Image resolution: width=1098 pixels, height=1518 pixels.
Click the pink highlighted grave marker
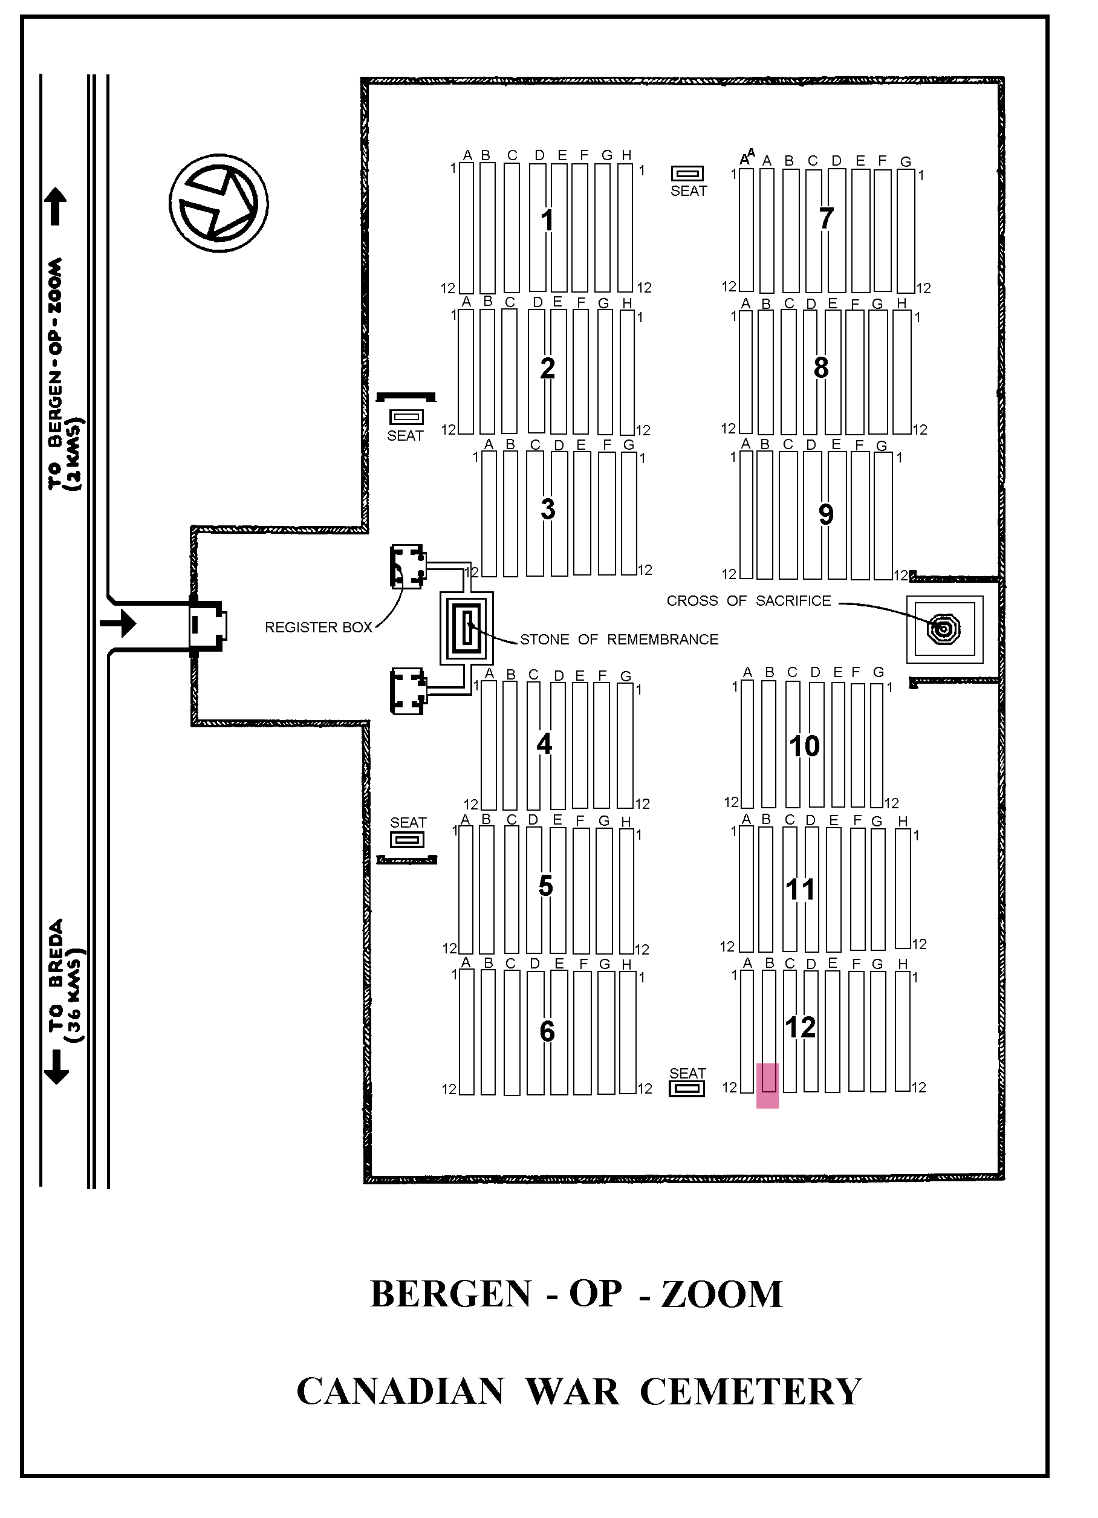[x=767, y=1085]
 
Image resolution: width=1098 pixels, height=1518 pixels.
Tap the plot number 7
[x=826, y=218]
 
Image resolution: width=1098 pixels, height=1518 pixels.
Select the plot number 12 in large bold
[x=800, y=1027]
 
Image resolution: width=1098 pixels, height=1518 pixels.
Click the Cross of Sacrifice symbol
[x=944, y=629]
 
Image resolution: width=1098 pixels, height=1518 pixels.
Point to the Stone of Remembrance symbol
[x=467, y=628]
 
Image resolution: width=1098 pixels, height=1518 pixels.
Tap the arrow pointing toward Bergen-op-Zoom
[x=56, y=206]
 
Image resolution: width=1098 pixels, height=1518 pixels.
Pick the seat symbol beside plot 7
[x=687, y=174]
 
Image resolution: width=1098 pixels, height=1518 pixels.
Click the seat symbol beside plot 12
[x=687, y=1089]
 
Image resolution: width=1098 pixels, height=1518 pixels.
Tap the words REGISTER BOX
[x=318, y=627]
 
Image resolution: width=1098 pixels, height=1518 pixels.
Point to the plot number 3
[x=548, y=510]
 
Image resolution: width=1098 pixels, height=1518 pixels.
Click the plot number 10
[x=804, y=745]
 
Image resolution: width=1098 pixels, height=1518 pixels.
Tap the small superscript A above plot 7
[x=751, y=152]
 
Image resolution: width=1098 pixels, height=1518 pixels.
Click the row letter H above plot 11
[x=903, y=821]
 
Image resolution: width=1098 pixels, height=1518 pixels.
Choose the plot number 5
[x=545, y=886]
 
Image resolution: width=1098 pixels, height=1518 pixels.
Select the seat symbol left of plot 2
[x=407, y=417]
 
